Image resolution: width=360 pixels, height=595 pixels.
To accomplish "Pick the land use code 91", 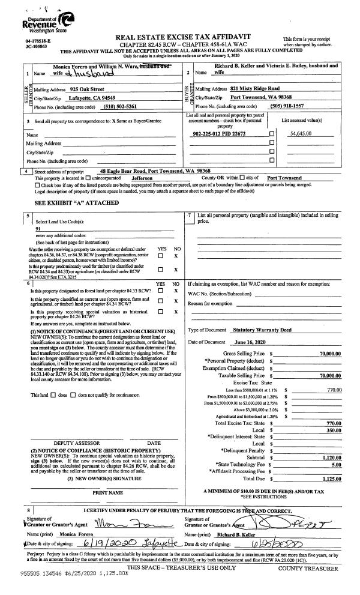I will coord(38,229).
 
